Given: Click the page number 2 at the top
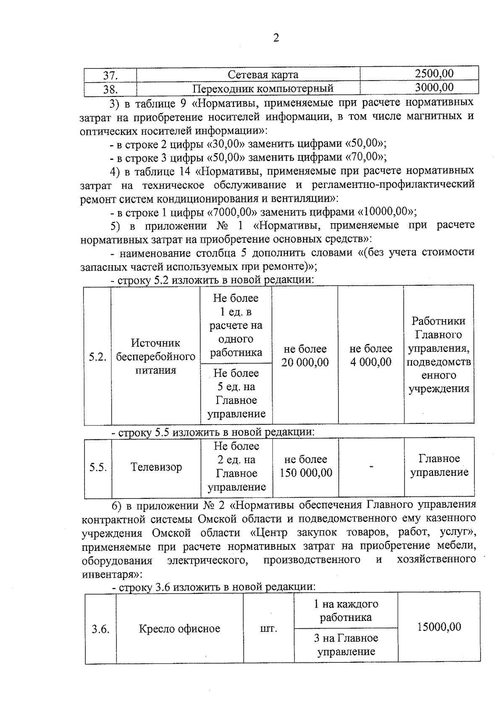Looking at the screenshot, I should pos(276,38).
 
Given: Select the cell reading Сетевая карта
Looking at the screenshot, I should pos(263,75).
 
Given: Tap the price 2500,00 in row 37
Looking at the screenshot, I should pos(434,74).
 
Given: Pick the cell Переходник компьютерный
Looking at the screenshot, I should pos(263,89).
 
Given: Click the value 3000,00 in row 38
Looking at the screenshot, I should pos(434,87).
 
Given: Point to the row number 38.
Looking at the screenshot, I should pos(110,89).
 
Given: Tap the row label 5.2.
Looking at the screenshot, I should pos(97,357).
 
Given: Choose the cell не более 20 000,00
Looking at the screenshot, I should pos(305,356).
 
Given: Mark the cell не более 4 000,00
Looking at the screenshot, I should pos(371,356).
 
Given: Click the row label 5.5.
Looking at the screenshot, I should pos(97,467).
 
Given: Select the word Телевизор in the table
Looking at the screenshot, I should pos(156,467).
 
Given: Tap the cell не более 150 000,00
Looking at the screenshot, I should pos(306,466).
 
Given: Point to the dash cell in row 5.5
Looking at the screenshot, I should pos(371,466).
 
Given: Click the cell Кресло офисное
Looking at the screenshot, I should pos(179,629).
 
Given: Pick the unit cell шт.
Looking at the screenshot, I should pos(269,629).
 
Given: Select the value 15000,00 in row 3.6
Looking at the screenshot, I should pos(439,627).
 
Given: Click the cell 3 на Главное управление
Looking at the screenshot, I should pos(346,645).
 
